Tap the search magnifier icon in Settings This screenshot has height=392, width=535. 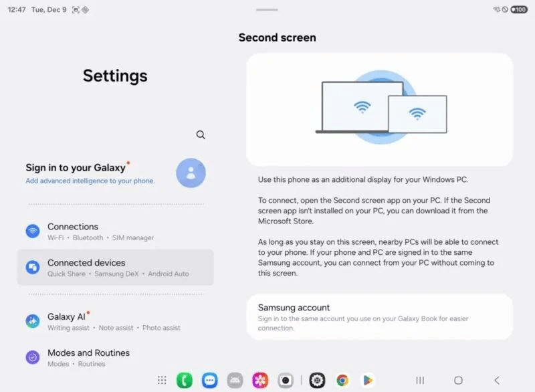(201, 134)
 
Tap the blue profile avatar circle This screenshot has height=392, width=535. (191, 173)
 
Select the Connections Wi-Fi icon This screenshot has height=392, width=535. (33, 231)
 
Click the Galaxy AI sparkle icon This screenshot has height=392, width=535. (33, 321)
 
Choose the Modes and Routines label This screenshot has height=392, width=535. (88, 353)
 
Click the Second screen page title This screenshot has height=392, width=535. (277, 38)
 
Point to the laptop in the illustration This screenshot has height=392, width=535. (362, 107)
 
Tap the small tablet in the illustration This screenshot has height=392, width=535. (417, 113)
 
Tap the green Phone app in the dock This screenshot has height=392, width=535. (185, 380)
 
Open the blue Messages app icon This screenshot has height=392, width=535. (210, 380)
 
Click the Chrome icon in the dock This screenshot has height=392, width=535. (342, 380)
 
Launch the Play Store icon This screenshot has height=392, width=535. (367, 380)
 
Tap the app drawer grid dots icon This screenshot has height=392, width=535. (162, 380)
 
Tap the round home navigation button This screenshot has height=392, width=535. (458, 380)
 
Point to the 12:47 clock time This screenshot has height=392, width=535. (17, 10)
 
